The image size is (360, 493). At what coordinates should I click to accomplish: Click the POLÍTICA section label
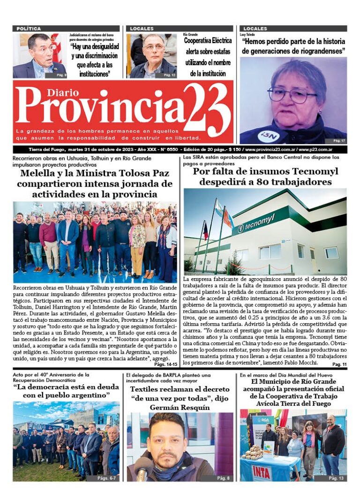click(29, 29)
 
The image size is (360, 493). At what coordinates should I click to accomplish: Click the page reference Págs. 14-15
click(165, 364)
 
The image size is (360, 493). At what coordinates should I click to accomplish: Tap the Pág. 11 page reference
click(339, 364)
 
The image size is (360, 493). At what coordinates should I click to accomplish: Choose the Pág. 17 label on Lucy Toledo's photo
click(339, 140)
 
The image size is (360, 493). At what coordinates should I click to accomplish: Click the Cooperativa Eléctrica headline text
click(208, 40)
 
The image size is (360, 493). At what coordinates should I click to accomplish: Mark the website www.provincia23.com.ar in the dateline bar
click(270, 150)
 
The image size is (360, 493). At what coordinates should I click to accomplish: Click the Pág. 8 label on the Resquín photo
click(223, 478)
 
